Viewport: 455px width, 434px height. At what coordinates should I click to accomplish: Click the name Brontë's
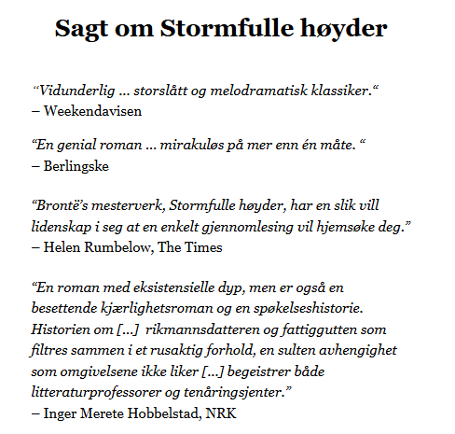click(x=60, y=205)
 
